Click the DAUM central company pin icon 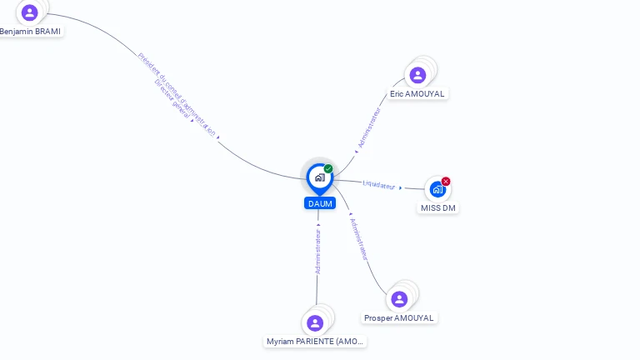(x=319, y=177)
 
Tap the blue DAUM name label (x=320, y=203)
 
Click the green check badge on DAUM (x=328, y=169)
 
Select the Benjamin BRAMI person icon (x=30, y=12)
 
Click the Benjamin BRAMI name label (x=30, y=31)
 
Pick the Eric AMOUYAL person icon (x=417, y=75)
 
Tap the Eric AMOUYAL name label (x=417, y=93)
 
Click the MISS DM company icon (x=437, y=190)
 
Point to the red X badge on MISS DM (x=446, y=182)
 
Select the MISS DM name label (x=438, y=207)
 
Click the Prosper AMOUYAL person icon (x=399, y=299)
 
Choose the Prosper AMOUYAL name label (x=399, y=317)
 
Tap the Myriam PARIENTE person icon (x=315, y=323)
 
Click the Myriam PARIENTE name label (x=315, y=341)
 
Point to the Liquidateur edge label (x=379, y=185)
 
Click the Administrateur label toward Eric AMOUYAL (x=368, y=128)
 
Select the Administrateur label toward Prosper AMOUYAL (x=359, y=239)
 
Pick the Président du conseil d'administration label (x=177, y=93)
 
